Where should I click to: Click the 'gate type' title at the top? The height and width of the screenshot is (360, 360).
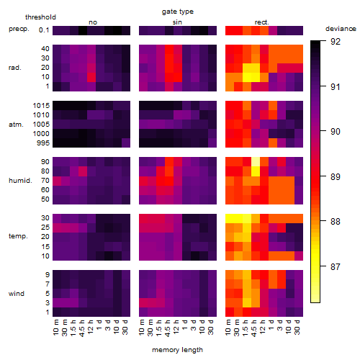[x=178, y=12]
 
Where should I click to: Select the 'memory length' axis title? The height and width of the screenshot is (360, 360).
[x=177, y=350]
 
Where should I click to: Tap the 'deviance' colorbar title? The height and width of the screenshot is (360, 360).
[x=341, y=29]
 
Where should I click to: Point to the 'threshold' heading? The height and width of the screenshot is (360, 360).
[x=40, y=17]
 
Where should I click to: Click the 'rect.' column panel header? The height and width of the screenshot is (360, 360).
[x=261, y=22]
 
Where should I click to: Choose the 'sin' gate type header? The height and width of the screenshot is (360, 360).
[x=177, y=22]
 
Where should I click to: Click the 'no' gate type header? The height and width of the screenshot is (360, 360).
[x=93, y=22]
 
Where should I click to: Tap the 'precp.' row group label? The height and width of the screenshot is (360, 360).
[x=19, y=29]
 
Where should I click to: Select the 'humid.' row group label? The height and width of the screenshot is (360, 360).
[x=20, y=181]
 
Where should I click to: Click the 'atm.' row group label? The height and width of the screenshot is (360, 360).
[x=16, y=125]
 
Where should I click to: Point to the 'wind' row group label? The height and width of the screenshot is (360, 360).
[x=17, y=294]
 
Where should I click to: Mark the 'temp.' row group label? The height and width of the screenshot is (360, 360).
[x=18, y=236]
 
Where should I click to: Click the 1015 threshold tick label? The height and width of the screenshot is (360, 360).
[x=41, y=106]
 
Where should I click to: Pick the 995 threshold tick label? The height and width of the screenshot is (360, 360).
[x=43, y=143]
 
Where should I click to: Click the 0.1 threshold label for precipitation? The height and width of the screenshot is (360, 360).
[x=44, y=30]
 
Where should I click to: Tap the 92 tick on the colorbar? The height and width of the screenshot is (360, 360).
[x=336, y=42]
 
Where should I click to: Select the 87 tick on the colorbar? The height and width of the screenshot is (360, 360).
[x=336, y=266]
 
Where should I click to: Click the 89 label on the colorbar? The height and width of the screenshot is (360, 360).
[x=336, y=177]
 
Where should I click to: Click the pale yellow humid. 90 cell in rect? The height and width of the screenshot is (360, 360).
[x=256, y=162]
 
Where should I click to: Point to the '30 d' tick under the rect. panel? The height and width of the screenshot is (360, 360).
[x=297, y=327]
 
